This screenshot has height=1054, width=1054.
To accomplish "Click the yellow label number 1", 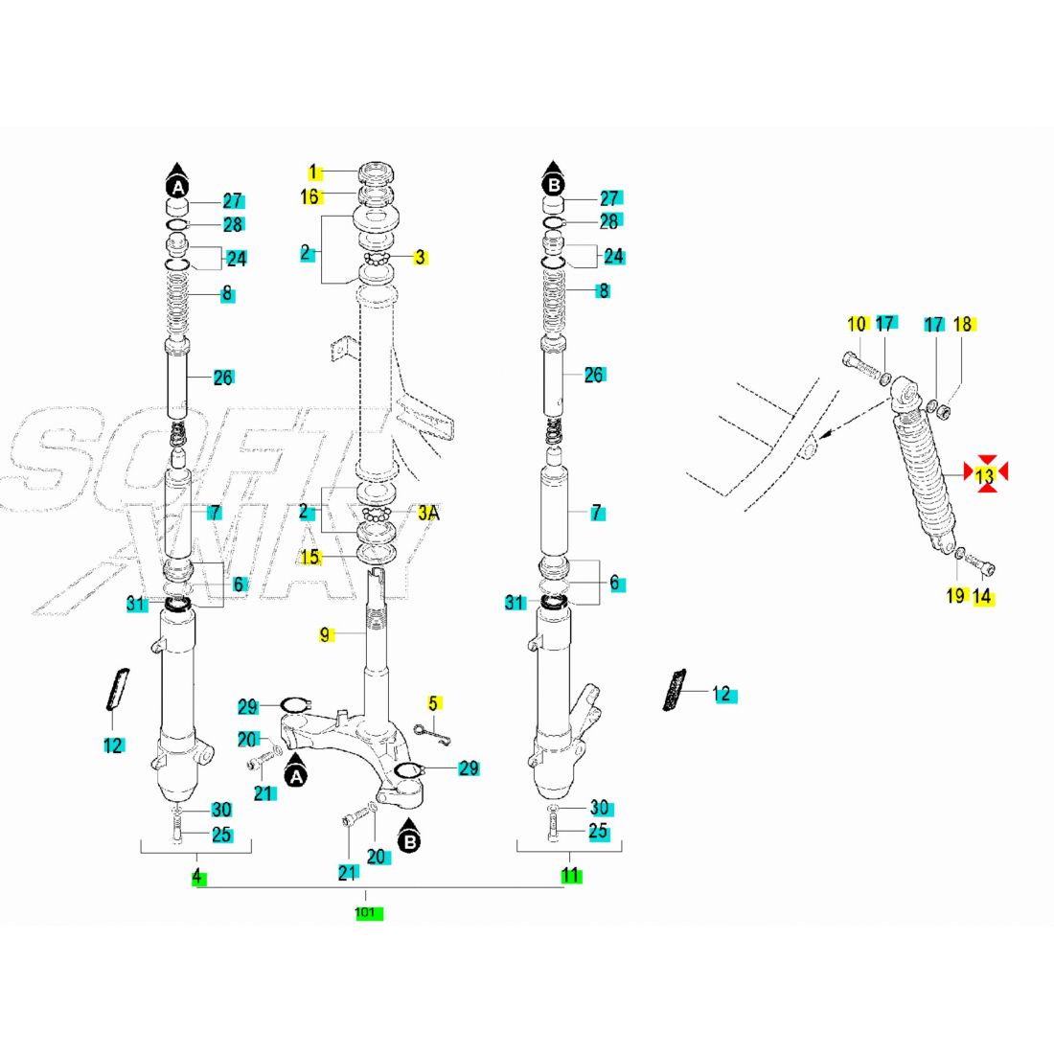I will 313,172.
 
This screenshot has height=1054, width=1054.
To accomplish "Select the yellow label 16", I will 310,196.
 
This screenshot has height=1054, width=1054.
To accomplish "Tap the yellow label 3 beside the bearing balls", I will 420,257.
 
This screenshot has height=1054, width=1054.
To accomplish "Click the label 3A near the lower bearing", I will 427,513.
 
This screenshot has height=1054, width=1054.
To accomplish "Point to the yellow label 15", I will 309,556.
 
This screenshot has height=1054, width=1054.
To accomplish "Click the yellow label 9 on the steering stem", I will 325,633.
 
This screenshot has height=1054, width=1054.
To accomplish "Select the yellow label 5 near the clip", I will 433,703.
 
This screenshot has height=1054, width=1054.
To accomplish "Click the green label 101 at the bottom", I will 365,913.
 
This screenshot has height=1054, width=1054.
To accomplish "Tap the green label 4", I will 197,876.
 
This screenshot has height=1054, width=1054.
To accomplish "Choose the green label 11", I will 571,875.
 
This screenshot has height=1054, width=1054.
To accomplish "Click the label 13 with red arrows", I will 986,474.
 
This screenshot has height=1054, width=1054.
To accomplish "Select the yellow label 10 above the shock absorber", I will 857,324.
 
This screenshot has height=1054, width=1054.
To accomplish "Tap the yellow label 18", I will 963,324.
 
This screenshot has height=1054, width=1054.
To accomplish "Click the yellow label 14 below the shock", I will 982,596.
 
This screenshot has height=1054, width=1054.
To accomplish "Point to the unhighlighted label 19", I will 954,596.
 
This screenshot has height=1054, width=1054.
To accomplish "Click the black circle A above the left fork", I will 177,186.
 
